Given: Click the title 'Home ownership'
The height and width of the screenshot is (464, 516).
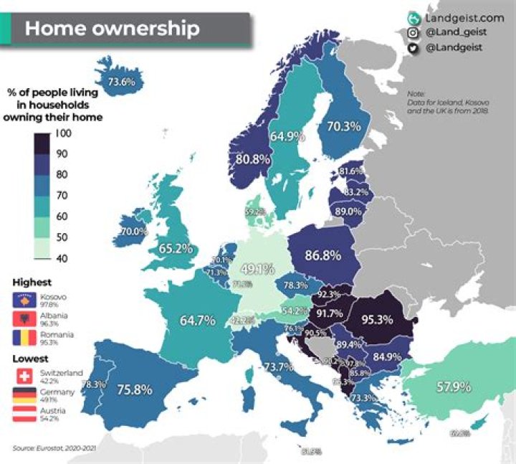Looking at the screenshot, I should (x=112, y=29).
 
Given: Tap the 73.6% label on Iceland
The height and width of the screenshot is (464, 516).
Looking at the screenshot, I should (x=121, y=82).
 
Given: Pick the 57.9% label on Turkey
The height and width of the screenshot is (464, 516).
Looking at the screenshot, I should (x=453, y=387).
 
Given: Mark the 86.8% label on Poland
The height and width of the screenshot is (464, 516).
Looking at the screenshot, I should (x=322, y=255).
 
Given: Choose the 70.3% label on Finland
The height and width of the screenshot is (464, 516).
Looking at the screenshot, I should (x=343, y=126).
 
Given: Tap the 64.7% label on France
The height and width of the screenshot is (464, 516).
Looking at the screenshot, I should (x=196, y=321).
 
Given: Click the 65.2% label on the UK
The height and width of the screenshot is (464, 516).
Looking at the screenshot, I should (x=176, y=249).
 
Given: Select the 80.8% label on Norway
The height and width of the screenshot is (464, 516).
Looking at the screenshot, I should (x=252, y=158).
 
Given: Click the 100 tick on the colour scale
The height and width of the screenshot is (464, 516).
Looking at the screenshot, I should (x=62, y=133).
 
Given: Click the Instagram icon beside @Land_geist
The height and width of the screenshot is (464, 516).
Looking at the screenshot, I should (x=413, y=33).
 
